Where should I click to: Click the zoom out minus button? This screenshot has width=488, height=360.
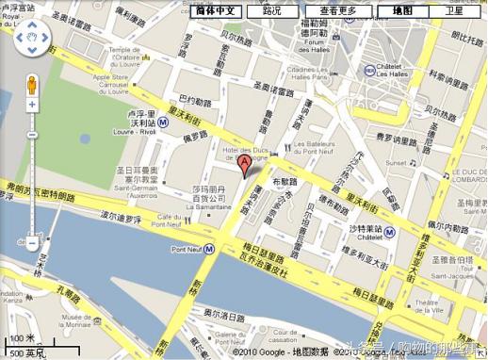click(32, 243)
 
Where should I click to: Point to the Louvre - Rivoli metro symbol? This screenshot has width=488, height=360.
click(162, 123)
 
